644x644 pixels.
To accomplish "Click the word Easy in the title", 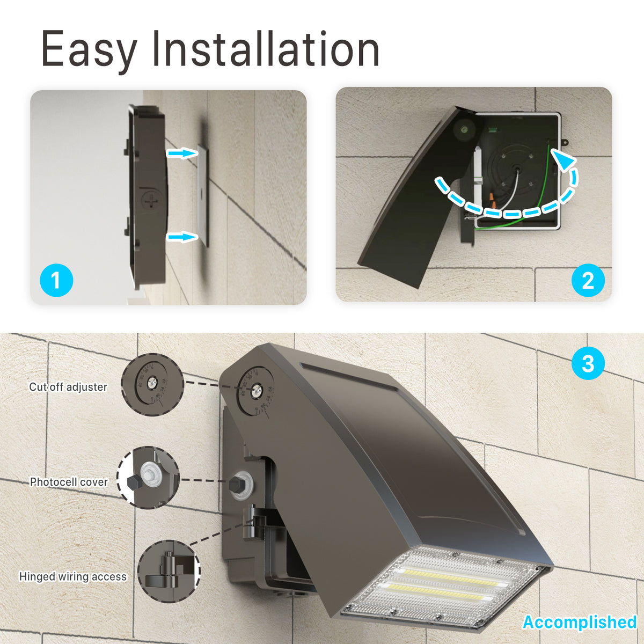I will click(x=89, y=50).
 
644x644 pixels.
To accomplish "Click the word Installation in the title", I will click(x=266, y=50).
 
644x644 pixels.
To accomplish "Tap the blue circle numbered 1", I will click(x=56, y=280).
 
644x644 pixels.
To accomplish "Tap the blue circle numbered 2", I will click(x=588, y=280).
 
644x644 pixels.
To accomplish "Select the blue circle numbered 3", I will click(x=588, y=363).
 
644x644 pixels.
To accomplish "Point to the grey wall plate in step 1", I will click(x=202, y=193).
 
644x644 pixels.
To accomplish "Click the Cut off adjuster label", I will click(x=68, y=387).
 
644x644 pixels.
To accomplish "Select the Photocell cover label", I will click(x=69, y=482).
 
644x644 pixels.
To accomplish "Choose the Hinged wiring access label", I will click(x=73, y=576).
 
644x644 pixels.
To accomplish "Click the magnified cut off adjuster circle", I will click(x=153, y=385).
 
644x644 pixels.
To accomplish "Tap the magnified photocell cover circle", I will click(x=148, y=478).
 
